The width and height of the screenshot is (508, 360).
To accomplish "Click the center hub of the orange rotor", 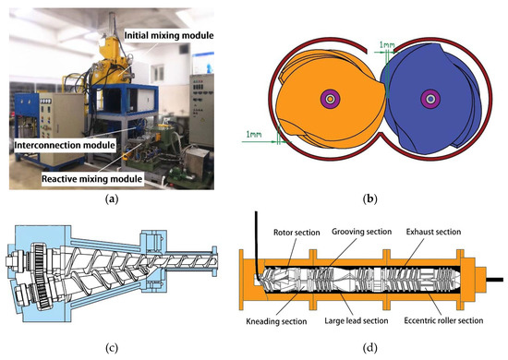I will pyautogui.click(x=328, y=98).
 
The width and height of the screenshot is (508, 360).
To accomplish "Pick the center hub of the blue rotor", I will pyautogui.click(x=428, y=98).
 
